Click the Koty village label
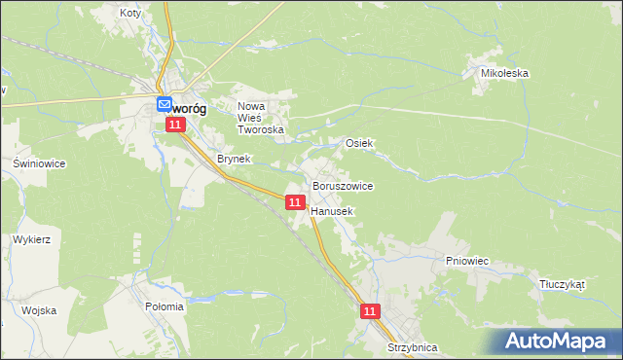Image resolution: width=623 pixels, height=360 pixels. tap(129, 14)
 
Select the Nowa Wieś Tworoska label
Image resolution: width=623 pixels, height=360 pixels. tap(261, 117)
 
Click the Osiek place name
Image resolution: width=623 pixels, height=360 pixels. tap(360, 143)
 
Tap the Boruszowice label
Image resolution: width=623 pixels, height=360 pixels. tap(343, 185)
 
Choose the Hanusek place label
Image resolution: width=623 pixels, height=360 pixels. tap(332, 210)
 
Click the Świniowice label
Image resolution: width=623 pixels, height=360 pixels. tap(39, 163)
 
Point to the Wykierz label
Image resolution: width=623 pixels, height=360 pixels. tap(32, 238)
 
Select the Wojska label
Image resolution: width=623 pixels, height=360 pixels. tap(39, 310)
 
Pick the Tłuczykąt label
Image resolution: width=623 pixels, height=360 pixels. tap(562, 285)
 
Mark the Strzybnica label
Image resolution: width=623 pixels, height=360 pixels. tap(412, 347)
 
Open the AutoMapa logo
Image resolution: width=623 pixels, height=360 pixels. tap(558, 341)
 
